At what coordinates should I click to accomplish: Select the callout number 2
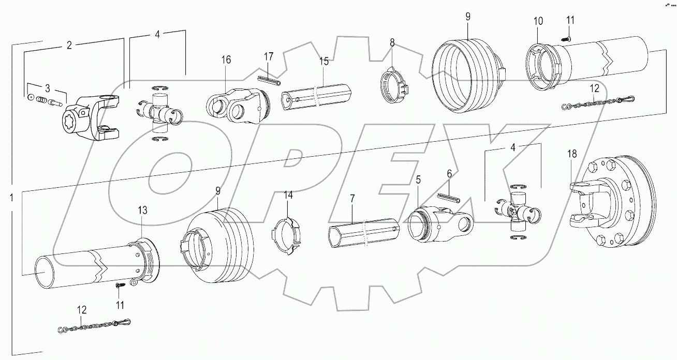pos(69,45)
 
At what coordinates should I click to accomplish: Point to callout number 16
pos(226,60)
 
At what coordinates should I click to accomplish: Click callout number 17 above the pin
pos(268,55)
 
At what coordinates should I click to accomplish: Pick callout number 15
pos(323,61)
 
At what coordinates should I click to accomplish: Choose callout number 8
pos(392,42)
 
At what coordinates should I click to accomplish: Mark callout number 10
pos(539,21)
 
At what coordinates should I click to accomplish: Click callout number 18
pos(571,154)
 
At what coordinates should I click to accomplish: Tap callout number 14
pos(288,195)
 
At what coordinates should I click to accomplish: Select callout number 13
pos(142,210)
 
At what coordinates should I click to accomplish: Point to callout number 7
pos(352,199)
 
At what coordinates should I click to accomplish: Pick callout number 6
pos(449,175)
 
